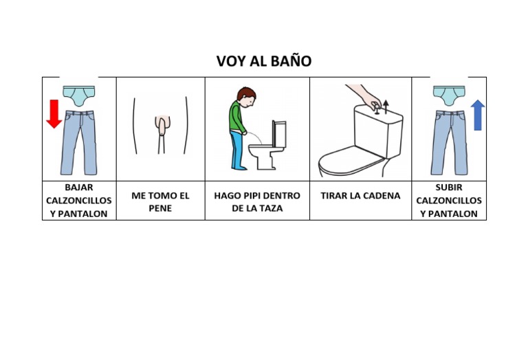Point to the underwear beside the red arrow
click(78, 95)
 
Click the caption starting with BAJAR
click(79, 200)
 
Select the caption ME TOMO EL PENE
click(160, 201)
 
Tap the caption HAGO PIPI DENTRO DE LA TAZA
click(257, 201)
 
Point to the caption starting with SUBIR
click(449, 200)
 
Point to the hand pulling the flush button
click(364, 95)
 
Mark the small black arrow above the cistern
click(386, 106)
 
